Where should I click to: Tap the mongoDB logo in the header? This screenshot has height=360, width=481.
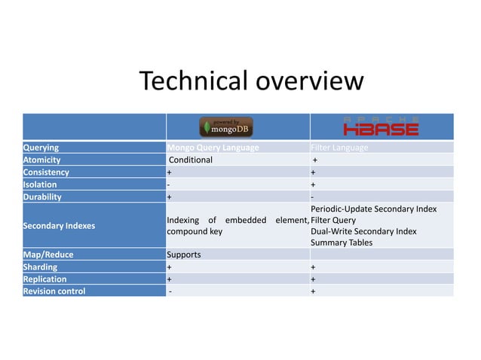pyautogui.click(x=226, y=126)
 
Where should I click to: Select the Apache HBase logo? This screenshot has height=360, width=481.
pyautogui.click(x=380, y=126)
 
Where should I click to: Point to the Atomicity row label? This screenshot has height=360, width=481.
pyautogui.click(x=42, y=160)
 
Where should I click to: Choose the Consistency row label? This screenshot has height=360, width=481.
pyautogui.click(x=47, y=172)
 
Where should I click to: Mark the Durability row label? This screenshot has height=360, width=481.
pyautogui.click(x=43, y=197)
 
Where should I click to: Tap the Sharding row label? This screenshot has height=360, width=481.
pyautogui.click(x=41, y=267)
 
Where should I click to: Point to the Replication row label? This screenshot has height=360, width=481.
pyautogui.click(x=45, y=279)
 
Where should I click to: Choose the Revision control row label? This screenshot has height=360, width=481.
pyautogui.click(x=54, y=291)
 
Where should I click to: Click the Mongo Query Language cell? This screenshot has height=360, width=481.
pyautogui.click(x=213, y=148)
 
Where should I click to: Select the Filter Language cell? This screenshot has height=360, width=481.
pyautogui.click(x=340, y=148)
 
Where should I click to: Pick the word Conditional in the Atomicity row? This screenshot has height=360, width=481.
pyautogui.click(x=191, y=160)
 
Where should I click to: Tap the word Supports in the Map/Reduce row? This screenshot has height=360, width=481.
pyautogui.click(x=184, y=255)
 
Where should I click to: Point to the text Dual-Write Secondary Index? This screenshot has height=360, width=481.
pyautogui.click(x=363, y=231)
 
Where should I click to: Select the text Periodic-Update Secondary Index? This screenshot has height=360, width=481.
pyautogui.click(x=373, y=208)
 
